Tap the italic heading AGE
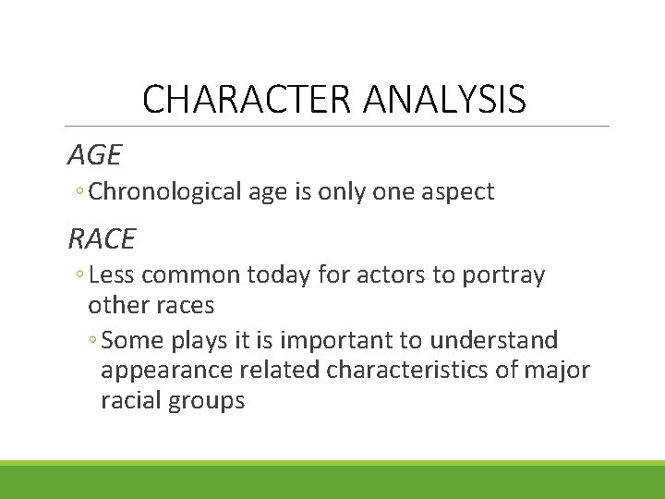click(x=94, y=152)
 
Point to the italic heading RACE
click(x=102, y=238)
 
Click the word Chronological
click(x=166, y=192)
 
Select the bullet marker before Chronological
click(x=81, y=193)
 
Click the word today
click(x=286, y=275)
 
